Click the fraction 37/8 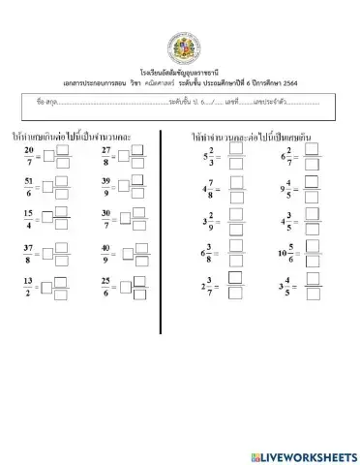[29, 254]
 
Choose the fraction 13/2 [29, 287]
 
